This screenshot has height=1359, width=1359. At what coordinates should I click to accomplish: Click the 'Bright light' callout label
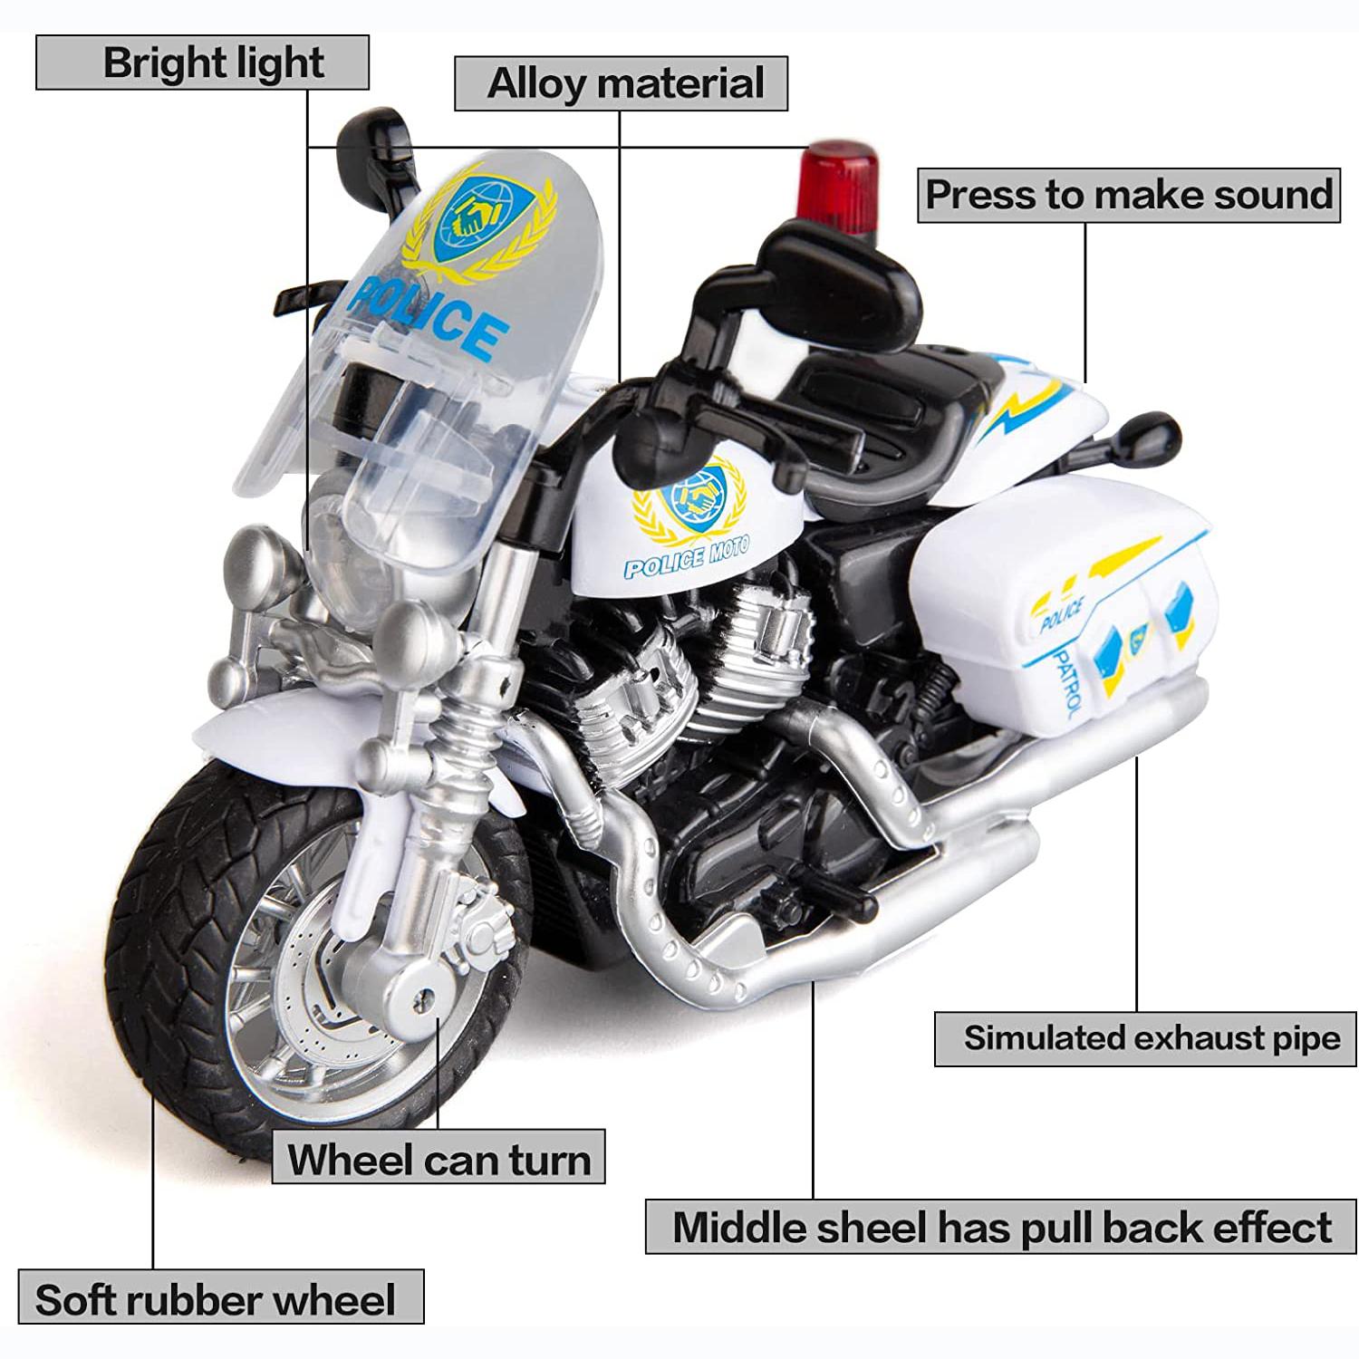202,63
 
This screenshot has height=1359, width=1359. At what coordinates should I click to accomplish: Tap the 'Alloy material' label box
621,83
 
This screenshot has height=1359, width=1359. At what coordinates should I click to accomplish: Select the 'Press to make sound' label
1129,195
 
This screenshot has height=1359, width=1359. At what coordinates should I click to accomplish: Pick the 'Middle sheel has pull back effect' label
1001,1226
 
